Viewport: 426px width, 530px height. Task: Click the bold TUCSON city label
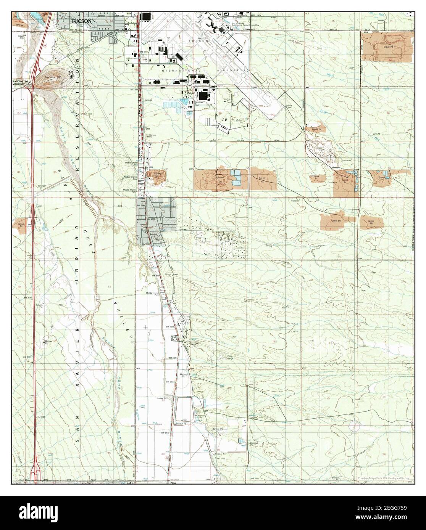[81, 21]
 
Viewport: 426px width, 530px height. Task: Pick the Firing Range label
[230, 358]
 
